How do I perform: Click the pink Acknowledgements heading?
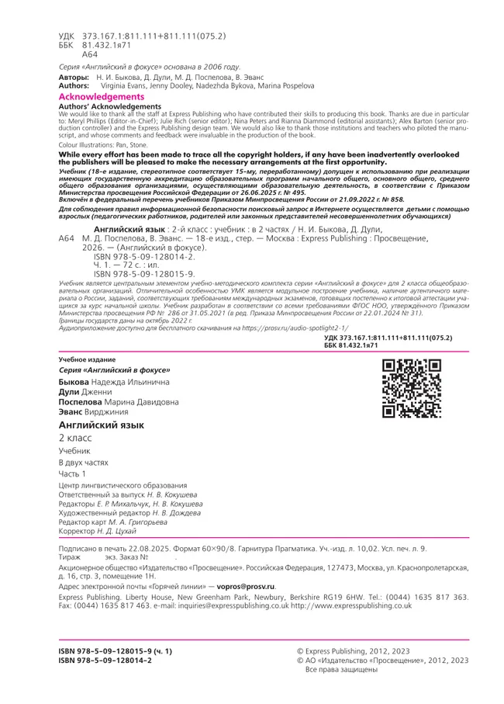pos(102,97)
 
